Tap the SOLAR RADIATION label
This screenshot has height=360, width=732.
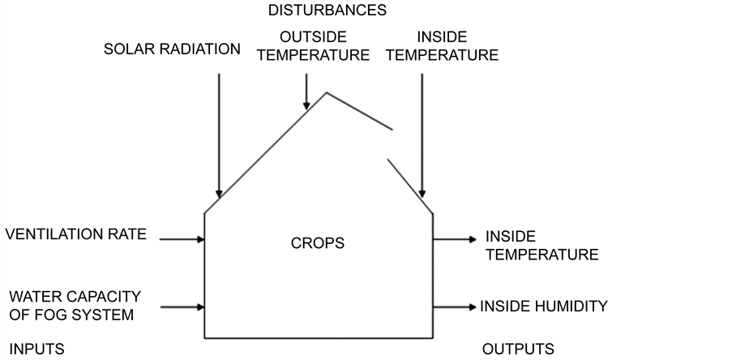172,49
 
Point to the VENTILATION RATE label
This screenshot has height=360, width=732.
76,235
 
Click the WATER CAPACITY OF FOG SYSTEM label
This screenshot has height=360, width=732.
70,306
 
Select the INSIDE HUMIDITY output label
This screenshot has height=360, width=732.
543,306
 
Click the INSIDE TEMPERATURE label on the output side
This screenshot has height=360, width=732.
540,246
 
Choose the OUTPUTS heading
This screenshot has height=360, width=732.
518,349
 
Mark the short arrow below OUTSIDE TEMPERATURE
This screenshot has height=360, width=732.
306,92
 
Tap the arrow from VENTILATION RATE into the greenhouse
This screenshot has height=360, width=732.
182,239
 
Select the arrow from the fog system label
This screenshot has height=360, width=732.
182,307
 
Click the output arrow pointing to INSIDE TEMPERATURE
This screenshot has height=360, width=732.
455,239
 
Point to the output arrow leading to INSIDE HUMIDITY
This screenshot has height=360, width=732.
455,307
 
